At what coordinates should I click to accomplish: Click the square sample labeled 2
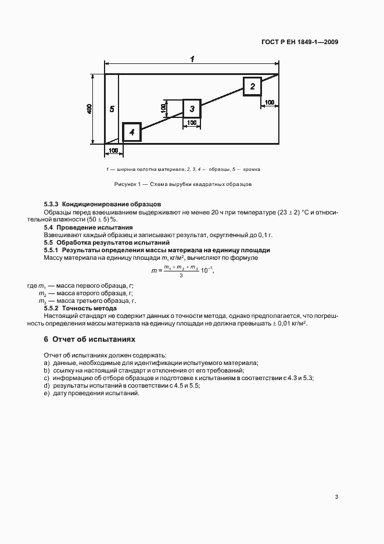(252, 86)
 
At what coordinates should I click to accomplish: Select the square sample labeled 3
(192, 109)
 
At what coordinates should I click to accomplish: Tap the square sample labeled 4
(132, 133)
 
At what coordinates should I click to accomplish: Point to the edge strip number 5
(112, 109)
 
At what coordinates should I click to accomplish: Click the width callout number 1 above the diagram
(192, 58)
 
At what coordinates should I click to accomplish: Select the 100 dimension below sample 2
(270, 102)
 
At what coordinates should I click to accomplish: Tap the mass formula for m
(181, 271)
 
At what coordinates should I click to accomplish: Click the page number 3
(336, 497)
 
